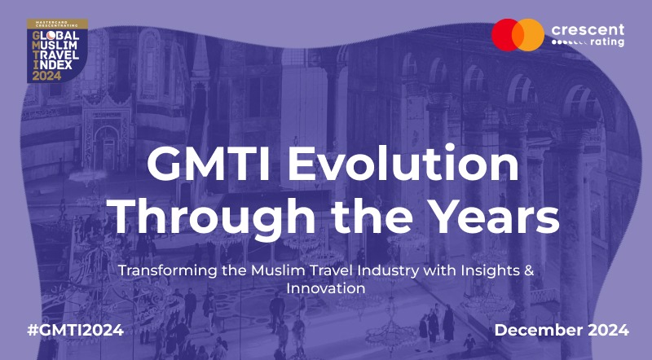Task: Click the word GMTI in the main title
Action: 209,164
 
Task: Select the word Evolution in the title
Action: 403,163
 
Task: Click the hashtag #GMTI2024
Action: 75,330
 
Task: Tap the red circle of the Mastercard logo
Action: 504,35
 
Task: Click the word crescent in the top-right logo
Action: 588,30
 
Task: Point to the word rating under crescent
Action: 607,42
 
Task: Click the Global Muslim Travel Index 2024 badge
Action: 57,50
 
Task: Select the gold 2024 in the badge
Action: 46,76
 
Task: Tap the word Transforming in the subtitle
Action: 168,270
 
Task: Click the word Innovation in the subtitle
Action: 326,288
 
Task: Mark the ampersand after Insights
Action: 529,270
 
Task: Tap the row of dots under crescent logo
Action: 569,42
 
